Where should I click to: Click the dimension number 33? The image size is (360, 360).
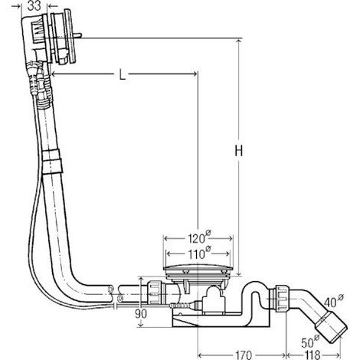tap(34, 5)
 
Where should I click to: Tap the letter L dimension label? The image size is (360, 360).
tap(123, 75)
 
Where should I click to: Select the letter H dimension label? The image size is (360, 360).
tap(239, 151)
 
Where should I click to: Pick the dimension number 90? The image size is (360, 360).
tap(141, 313)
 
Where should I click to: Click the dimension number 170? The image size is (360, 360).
tap(243, 355)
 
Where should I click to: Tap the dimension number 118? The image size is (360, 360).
tap(313, 355)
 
